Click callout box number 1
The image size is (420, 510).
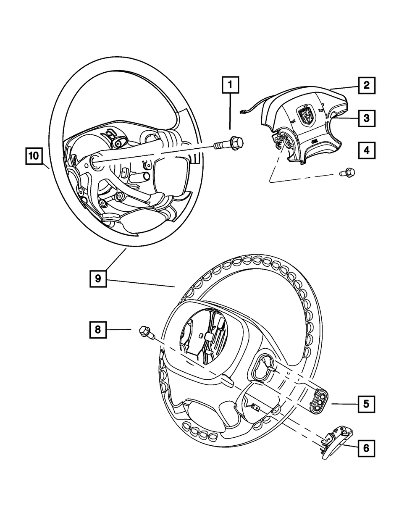230,85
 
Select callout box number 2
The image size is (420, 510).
366,85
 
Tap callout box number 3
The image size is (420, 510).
366,118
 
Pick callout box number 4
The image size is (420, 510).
366,150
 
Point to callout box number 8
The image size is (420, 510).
97,330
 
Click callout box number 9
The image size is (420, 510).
97,279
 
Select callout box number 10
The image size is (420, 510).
34,156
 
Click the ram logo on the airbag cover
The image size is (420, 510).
306,115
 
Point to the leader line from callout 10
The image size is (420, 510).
46,165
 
